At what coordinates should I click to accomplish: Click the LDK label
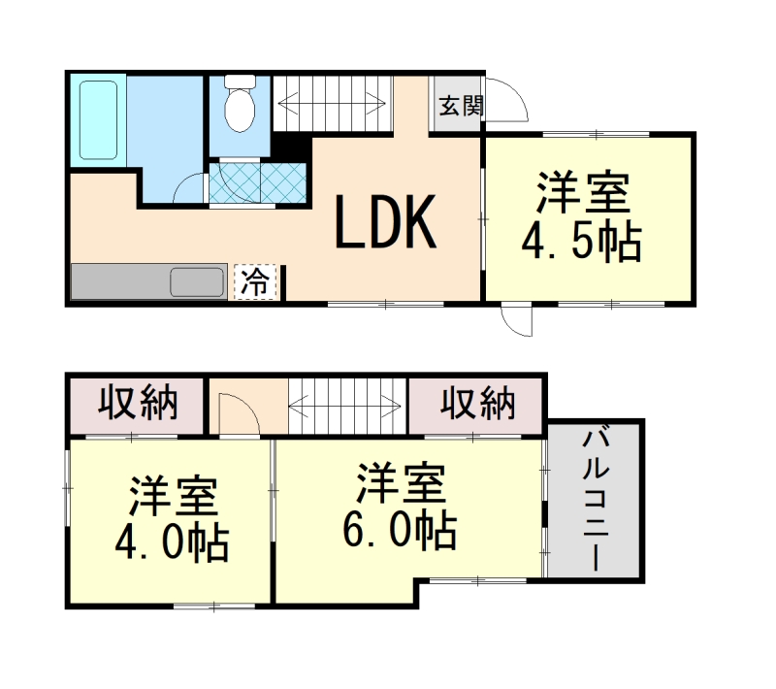[x=384, y=222]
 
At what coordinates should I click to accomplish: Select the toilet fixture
[x=238, y=107]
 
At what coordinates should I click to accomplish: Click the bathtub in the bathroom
[x=97, y=121]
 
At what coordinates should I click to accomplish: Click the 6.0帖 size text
[x=399, y=529]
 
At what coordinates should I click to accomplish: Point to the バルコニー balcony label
[x=595, y=503]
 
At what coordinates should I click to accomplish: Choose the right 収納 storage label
[x=477, y=402]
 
